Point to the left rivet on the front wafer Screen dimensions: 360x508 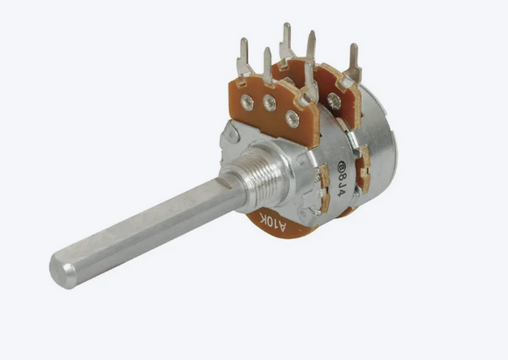click(x=248, y=102)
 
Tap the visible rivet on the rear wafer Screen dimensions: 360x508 click(x=334, y=102)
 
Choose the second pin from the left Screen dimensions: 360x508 click(x=267, y=66)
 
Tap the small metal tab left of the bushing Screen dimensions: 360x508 click(x=230, y=133)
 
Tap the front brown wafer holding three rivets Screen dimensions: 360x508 click(x=263, y=114)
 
